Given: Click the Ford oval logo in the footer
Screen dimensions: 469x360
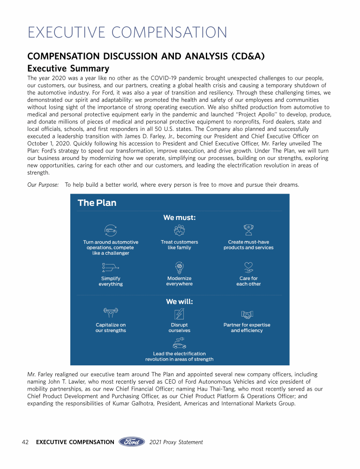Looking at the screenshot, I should (132, 442).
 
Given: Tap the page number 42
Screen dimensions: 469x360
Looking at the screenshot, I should (26, 442).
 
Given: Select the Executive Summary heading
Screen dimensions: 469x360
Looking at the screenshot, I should (68, 68).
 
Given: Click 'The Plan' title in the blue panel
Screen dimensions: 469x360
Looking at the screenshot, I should (97, 203).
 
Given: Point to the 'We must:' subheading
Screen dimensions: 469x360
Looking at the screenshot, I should (179, 218).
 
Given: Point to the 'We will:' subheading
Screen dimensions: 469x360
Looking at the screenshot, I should (179, 302).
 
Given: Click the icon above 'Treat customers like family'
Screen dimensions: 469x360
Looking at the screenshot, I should (179, 230).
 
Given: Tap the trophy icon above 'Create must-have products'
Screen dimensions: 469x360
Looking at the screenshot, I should (248, 230).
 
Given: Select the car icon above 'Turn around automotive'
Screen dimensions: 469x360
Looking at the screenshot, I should (111, 230).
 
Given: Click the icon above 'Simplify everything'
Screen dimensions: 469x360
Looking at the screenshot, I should (111, 267).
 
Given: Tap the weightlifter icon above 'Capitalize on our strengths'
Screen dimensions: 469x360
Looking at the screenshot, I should (111, 313).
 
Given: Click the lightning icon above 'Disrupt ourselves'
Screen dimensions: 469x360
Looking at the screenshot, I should (179, 313).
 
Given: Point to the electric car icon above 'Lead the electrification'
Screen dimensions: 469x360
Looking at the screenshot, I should (179, 342).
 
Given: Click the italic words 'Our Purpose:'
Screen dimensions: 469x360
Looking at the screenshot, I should (43, 185).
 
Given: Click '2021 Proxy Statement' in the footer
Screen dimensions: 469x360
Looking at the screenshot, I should (176, 442).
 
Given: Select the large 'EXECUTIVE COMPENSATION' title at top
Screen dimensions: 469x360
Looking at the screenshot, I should (127, 33).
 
